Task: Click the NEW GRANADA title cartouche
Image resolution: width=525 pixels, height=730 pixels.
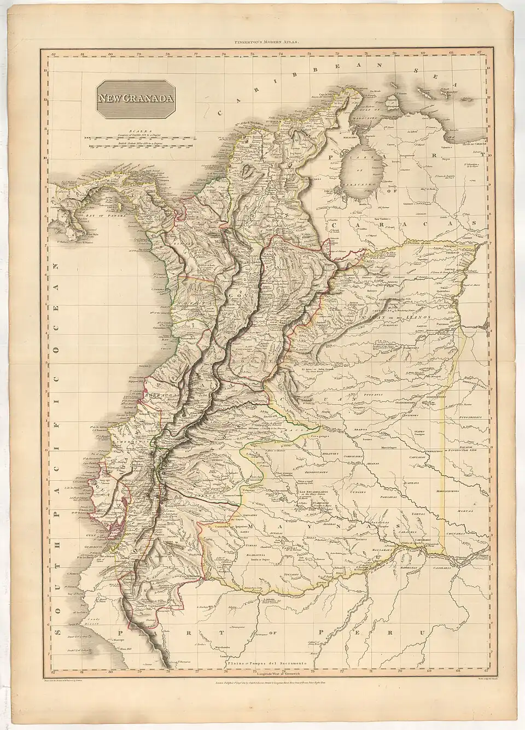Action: tap(129, 99)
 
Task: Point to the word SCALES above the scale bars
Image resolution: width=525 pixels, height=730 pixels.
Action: tap(129, 124)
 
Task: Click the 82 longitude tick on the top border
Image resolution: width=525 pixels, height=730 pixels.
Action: tap(52, 54)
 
